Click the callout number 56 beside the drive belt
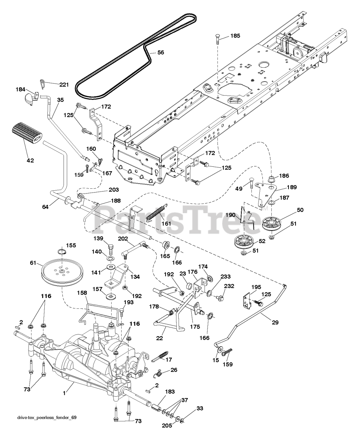pyautogui.click(x=160, y=52)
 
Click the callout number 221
pyautogui.click(x=64, y=85)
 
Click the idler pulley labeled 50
pyautogui.click(x=271, y=224)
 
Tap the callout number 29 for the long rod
pyautogui.click(x=275, y=322)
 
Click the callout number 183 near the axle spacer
pyautogui.click(x=170, y=392)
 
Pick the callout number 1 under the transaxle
pyautogui.click(x=65, y=393)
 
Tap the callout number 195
pyautogui.click(x=256, y=287)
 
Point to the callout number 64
pyautogui.click(x=45, y=207)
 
